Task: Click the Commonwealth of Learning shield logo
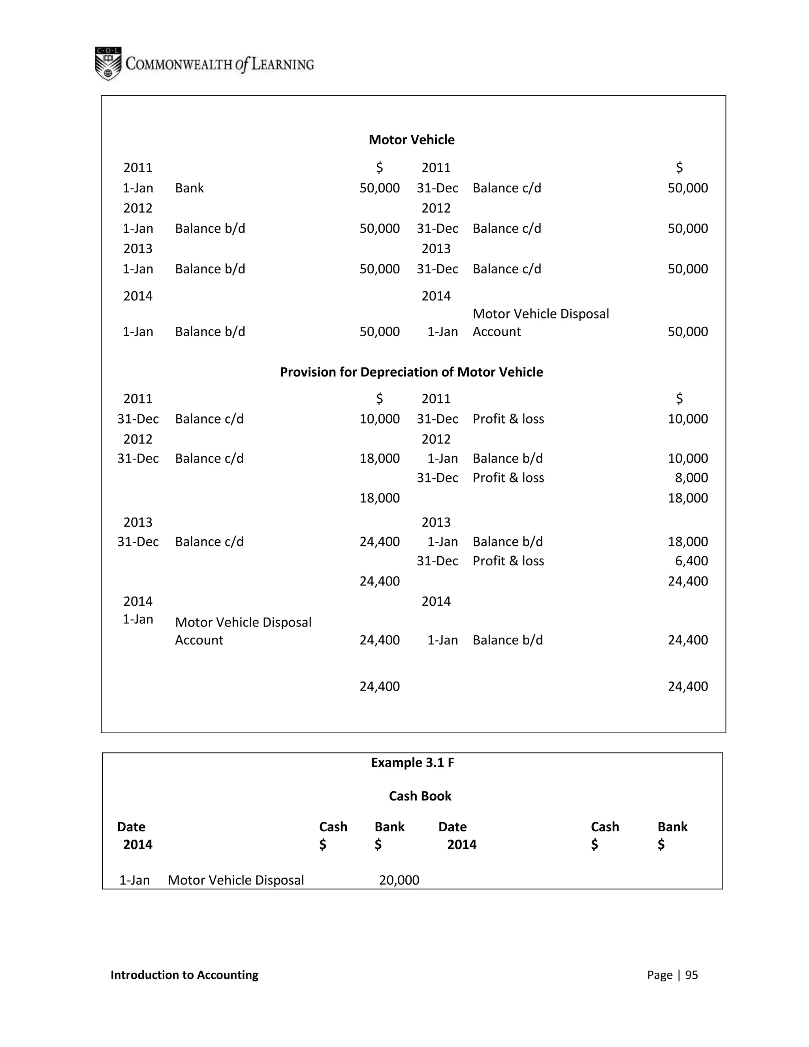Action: [108, 63]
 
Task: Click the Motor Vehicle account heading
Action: [411, 139]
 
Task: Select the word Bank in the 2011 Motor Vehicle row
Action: [189, 188]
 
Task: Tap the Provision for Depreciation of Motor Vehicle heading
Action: [411, 372]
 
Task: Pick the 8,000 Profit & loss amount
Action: [691, 478]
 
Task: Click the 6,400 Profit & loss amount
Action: [691, 561]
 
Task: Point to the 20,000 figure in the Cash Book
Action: [399, 880]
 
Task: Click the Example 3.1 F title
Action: [412, 763]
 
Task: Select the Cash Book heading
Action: [420, 796]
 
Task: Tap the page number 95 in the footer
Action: [691, 975]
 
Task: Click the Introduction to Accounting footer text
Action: [184, 975]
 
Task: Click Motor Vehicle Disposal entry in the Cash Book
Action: [236, 880]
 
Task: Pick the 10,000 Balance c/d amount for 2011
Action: [380, 419]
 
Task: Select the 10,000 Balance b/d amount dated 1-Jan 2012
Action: [688, 458]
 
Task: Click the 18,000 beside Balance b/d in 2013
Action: [688, 542]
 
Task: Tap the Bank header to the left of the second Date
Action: [389, 827]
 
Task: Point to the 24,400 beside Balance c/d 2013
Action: [380, 542]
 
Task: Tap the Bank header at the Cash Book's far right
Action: [672, 827]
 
